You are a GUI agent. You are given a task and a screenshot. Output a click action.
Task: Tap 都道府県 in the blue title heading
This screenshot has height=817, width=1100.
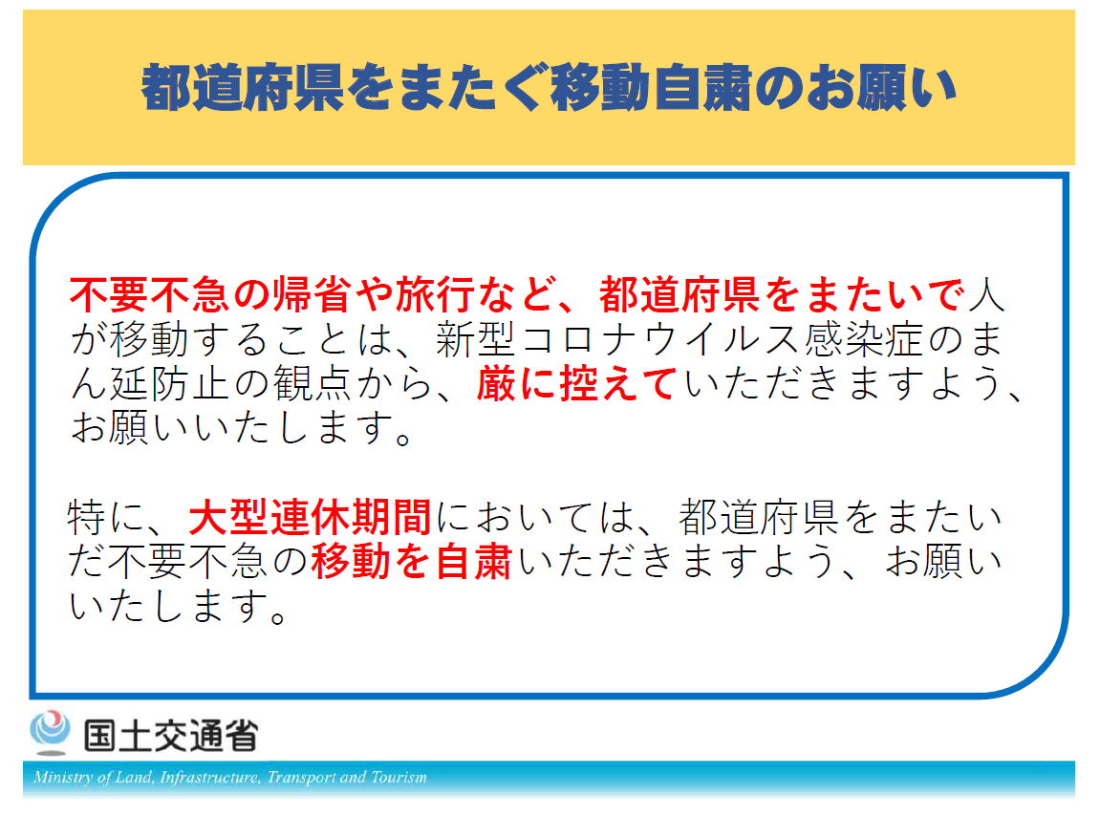click(243, 88)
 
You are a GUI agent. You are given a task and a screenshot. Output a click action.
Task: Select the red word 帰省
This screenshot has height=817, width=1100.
click(311, 295)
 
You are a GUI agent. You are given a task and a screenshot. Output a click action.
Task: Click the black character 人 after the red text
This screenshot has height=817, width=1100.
click(986, 295)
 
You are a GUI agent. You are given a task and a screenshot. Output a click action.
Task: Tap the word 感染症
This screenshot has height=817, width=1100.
click(863, 340)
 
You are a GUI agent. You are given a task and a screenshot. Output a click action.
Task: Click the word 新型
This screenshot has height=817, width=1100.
click(476, 340)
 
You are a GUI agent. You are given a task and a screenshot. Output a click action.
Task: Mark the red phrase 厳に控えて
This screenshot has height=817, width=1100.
click(576, 384)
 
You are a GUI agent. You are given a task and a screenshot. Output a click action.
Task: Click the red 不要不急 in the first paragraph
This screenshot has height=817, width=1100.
click(149, 295)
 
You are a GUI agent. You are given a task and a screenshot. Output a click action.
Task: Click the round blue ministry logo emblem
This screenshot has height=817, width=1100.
click(50, 731)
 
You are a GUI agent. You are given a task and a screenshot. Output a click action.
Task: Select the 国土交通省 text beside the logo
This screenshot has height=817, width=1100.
click(171, 736)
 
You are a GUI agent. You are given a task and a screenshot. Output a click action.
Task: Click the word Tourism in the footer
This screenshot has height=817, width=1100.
click(399, 777)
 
